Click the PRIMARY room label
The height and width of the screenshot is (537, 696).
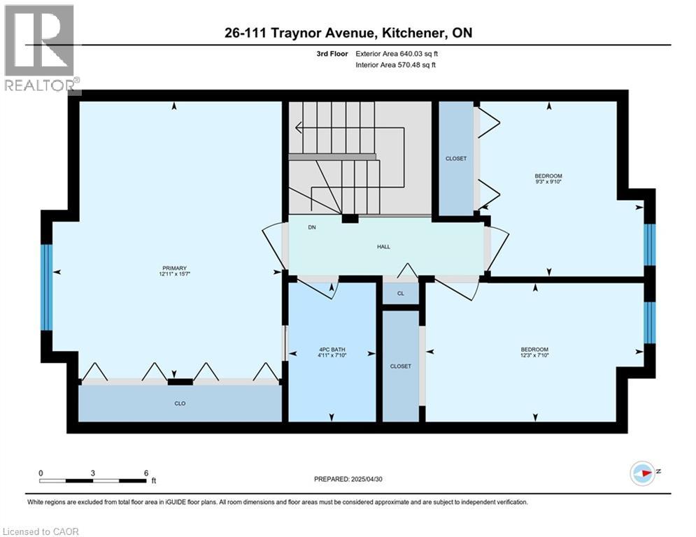[174, 268]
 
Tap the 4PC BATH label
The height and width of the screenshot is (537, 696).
[332, 350]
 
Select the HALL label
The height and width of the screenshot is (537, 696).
[383, 247]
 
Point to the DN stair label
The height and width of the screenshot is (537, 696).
[312, 227]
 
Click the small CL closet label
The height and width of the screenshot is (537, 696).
[401, 294]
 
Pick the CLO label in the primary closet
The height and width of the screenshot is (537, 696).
[180, 403]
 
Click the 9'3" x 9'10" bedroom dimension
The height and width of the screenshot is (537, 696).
[548, 182]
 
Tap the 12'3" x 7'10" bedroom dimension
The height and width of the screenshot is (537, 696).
[535, 355]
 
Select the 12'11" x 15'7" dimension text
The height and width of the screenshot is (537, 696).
[174, 274]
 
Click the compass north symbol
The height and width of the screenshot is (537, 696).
[643, 473]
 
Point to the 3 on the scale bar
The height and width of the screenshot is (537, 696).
[93, 473]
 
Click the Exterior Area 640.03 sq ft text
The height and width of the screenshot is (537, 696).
[397, 54]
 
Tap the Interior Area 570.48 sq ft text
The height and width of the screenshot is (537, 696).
[395, 65]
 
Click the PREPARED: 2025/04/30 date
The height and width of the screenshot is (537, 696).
[348, 479]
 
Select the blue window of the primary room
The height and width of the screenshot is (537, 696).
[47, 287]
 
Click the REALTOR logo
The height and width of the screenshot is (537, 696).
[41, 48]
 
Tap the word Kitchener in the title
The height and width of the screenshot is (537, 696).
[411, 33]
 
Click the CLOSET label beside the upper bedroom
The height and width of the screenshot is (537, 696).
[456, 159]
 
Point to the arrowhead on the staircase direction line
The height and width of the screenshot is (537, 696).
[298, 128]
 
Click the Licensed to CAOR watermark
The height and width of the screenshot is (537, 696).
[41, 531]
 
